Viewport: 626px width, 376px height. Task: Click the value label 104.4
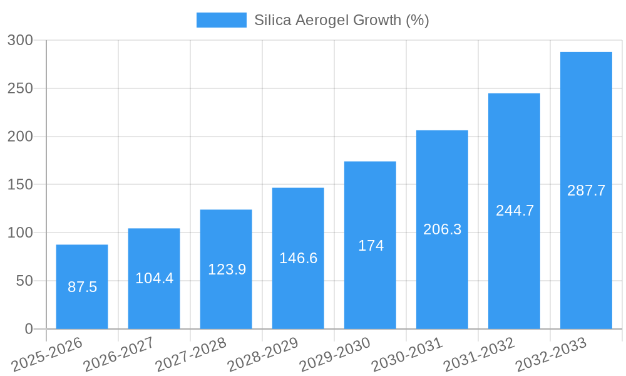point(154,278)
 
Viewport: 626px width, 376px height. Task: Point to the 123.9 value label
point(227,269)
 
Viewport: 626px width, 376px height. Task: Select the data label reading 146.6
point(298,258)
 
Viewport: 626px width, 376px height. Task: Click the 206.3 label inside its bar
point(442,229)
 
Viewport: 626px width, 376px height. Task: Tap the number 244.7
point(515,211)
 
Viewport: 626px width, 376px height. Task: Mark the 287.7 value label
point(586,191)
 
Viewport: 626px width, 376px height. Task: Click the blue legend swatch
point(221,20)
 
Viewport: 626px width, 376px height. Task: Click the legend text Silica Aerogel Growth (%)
point(341,20)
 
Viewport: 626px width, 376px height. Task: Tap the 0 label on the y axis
point(29,329)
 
